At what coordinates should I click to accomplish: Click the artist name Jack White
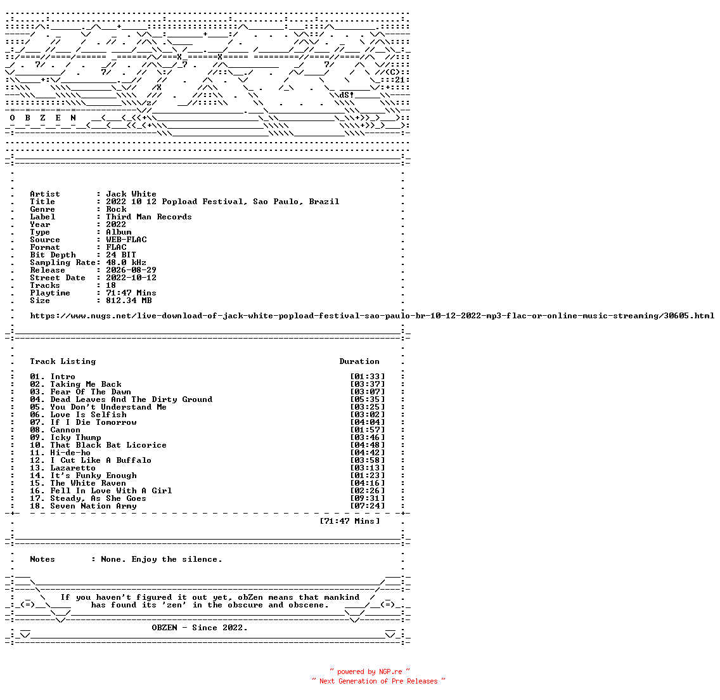tap(131, 194)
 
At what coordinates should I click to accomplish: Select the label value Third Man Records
tap(149, 217)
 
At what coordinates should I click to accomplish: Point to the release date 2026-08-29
tap(131, 270)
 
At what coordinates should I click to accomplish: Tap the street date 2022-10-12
tap(131, 278)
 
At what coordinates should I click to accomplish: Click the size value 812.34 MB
tap(129, 301)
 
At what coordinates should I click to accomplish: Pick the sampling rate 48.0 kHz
tap(126, 262)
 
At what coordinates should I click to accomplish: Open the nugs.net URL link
tap(372, 316)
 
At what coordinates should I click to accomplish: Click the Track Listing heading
tap(63, 361)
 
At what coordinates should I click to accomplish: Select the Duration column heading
tap(359, 361)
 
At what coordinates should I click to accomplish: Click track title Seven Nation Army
tap(93, 506)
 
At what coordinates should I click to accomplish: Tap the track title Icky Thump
tap(75, 437)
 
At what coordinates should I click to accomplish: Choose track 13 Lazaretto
tap(63, 468)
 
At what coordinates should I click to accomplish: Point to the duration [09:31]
tap(368, 498)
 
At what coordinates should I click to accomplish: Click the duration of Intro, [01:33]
tap(368, 377)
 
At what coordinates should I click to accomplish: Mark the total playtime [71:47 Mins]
tap(350, 521)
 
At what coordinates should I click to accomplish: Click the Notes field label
tap(42, 559)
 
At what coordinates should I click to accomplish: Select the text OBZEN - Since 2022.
tap(200, 628)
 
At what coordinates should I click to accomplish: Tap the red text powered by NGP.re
tap(370, 671)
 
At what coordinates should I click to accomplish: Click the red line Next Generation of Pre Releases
tap(378, 681)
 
